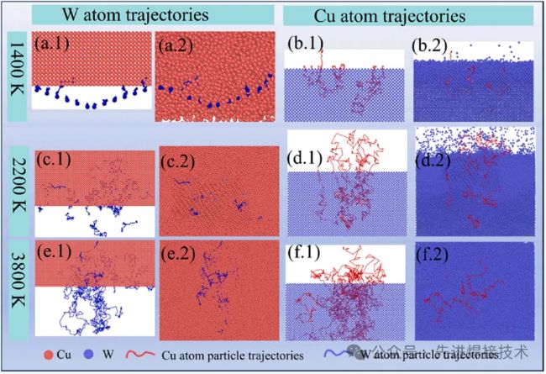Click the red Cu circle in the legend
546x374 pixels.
[x=44, y=355]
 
